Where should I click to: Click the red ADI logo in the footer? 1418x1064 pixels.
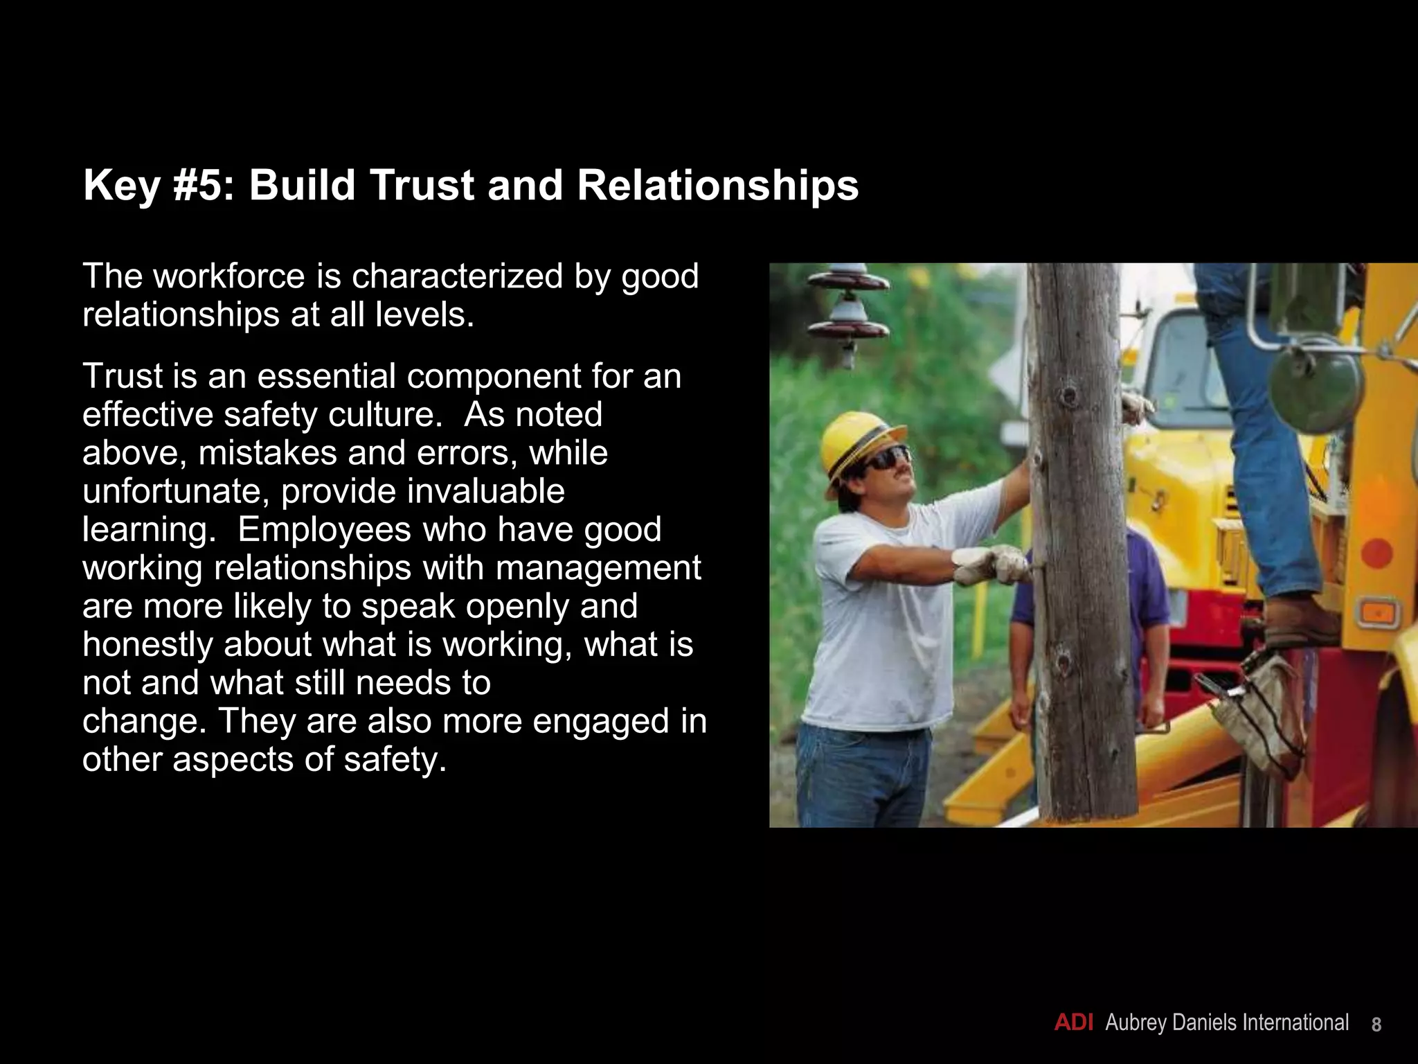(1073, 1022)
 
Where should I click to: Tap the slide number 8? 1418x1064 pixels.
(1376, 1025)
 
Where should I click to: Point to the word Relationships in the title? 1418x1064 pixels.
(717, 186)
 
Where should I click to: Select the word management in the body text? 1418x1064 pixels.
(598, 568)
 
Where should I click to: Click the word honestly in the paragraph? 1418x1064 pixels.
(152, 645)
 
